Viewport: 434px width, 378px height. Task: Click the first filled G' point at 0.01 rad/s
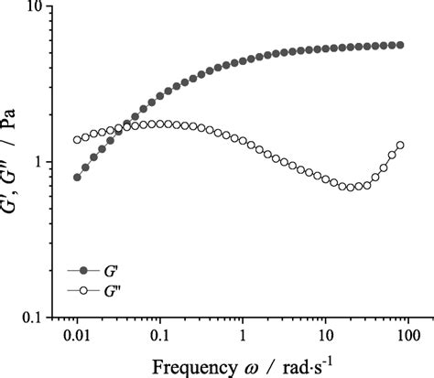[77, 177]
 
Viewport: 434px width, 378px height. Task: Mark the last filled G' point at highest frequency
[399, 45]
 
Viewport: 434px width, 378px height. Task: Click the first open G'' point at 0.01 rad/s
[77, 140]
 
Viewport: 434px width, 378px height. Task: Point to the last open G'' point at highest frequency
[399, 145]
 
